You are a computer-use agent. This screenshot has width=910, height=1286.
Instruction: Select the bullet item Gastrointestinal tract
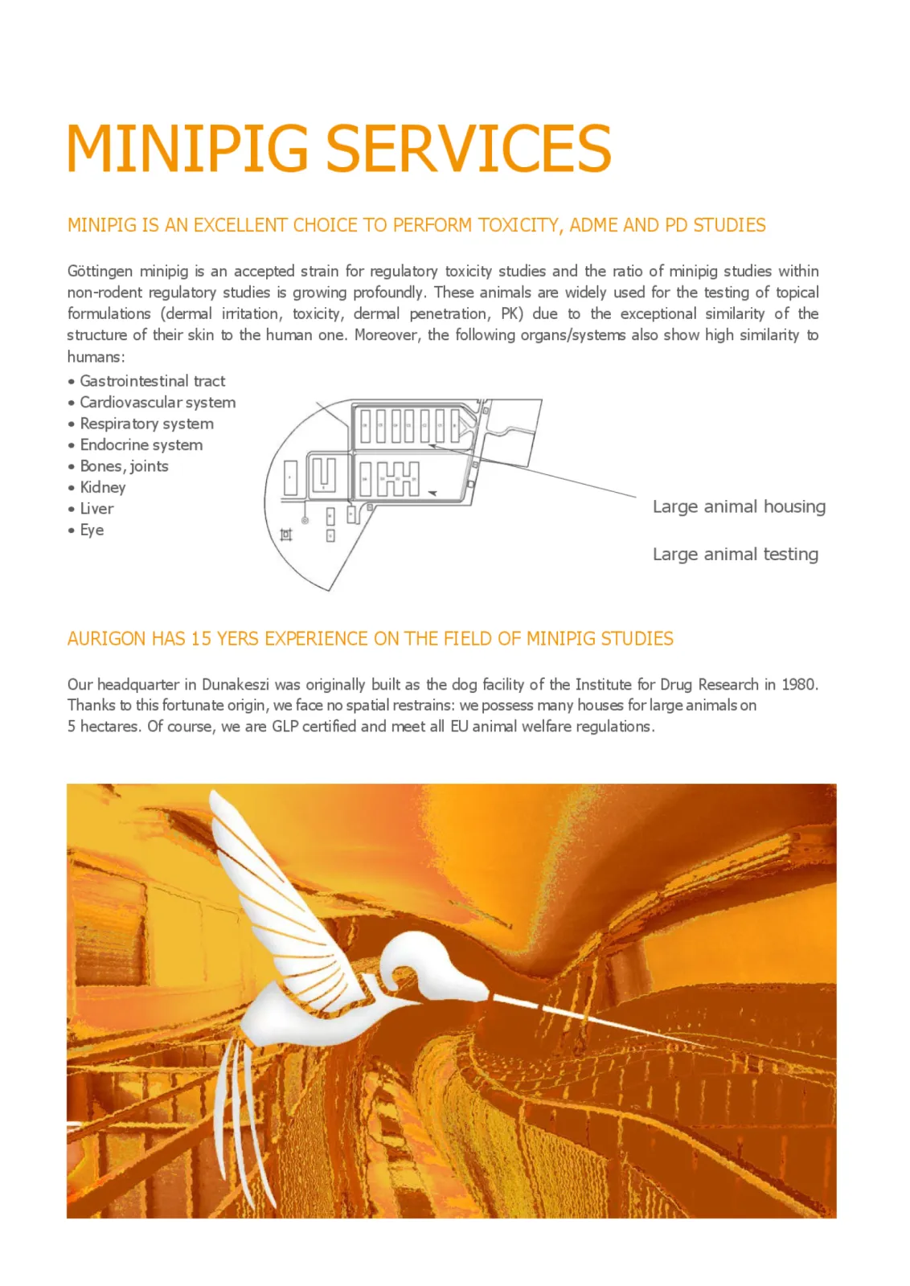[x=152, y=381]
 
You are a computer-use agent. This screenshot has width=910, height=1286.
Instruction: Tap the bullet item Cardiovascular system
[x=158, y=403]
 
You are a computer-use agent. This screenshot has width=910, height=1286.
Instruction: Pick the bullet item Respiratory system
[x=146, y=424]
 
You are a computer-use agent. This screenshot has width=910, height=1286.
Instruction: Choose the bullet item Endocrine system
[x=141, y=445]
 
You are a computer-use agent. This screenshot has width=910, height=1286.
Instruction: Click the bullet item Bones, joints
[x=124, y=466]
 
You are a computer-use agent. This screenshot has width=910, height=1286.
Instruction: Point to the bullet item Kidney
[x=103, y=488]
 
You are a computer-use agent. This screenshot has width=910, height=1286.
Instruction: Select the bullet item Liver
[x=96, y=509]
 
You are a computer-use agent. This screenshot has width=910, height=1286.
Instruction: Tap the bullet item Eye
[x=92, y=530]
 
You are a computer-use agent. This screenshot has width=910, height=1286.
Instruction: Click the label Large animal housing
[x=738, y=506]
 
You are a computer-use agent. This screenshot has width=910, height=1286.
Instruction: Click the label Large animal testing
[x=735, y=554]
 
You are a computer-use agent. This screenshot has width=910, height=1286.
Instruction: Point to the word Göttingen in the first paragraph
[x=100, y=272]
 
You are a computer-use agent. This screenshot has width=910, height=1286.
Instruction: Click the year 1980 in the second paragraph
[x=798, y=684]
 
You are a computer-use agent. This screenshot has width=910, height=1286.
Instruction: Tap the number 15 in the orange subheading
[x=201, y=639]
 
